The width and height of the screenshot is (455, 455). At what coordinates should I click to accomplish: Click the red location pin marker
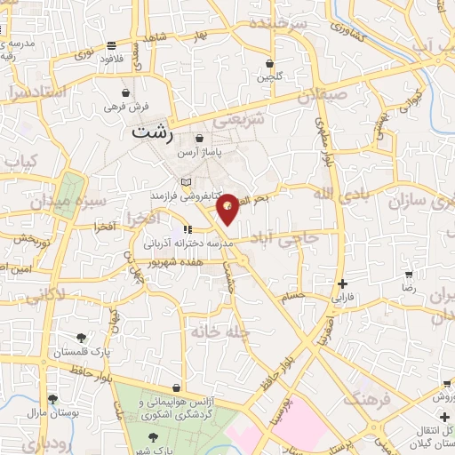click(x=228, y=208)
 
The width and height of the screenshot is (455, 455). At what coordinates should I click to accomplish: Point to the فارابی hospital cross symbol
click(x=342, y=284)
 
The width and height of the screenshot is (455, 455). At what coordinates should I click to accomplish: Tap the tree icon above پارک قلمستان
click(x=82, y=338)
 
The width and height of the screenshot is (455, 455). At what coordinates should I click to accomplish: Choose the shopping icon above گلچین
click(x=270, y=64)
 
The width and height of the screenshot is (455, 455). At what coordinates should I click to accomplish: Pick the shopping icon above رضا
click(x=408, y=275)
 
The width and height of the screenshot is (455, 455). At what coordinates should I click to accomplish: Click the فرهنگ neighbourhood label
click(x=367, y=397)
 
